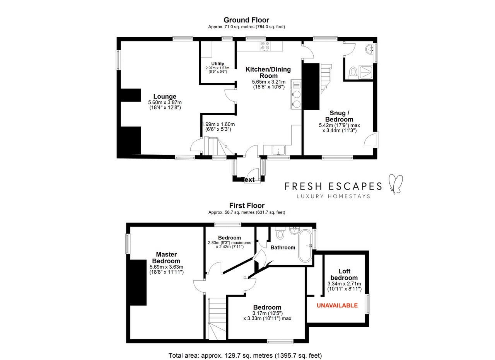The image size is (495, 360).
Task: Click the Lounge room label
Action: (x=165, y=96)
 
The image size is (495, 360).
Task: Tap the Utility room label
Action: (x=218, y=64)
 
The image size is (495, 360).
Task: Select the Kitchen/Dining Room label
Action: (x=268, y=72)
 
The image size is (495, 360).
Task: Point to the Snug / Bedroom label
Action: (x=339, y=116)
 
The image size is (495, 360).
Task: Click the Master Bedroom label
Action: (x=166, y=258)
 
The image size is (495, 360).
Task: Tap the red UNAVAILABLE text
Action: (x=337, y=305)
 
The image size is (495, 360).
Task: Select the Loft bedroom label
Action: (x=344, y=275)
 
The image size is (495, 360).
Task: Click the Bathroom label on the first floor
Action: (x=283, y=247)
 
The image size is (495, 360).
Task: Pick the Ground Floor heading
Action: (x=246, y=20)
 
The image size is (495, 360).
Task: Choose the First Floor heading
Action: (x=247, y=206)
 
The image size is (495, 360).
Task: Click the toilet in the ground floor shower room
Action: (x=353, y=72)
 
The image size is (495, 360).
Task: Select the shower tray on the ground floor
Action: (x=366, y=72)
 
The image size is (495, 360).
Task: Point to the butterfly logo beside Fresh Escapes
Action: (x=396, y=184)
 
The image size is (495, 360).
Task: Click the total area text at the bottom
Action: (x=245, y=356)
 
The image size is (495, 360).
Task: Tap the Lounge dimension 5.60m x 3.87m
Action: (x=165, y=102)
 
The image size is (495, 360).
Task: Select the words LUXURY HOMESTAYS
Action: (x=333, y=196)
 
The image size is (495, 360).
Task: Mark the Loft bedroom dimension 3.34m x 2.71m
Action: (x=344, y=284)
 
